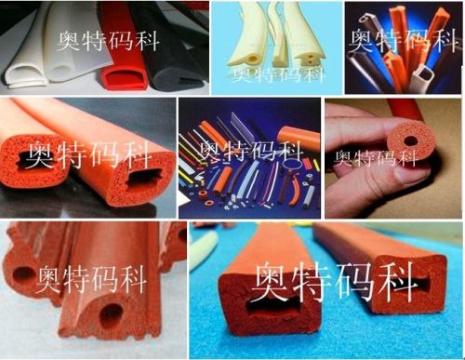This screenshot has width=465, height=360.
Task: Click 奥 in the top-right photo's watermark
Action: point(364,38)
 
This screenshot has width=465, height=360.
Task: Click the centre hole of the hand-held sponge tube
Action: point(409,140)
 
